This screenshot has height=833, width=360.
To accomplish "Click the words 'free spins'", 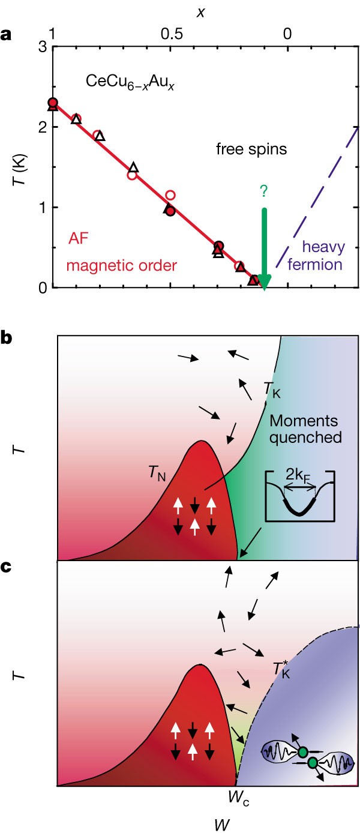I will (251, 148).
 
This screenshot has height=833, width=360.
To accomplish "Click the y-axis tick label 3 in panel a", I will (42, 47).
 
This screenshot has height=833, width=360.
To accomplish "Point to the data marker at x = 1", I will (53, 104).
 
